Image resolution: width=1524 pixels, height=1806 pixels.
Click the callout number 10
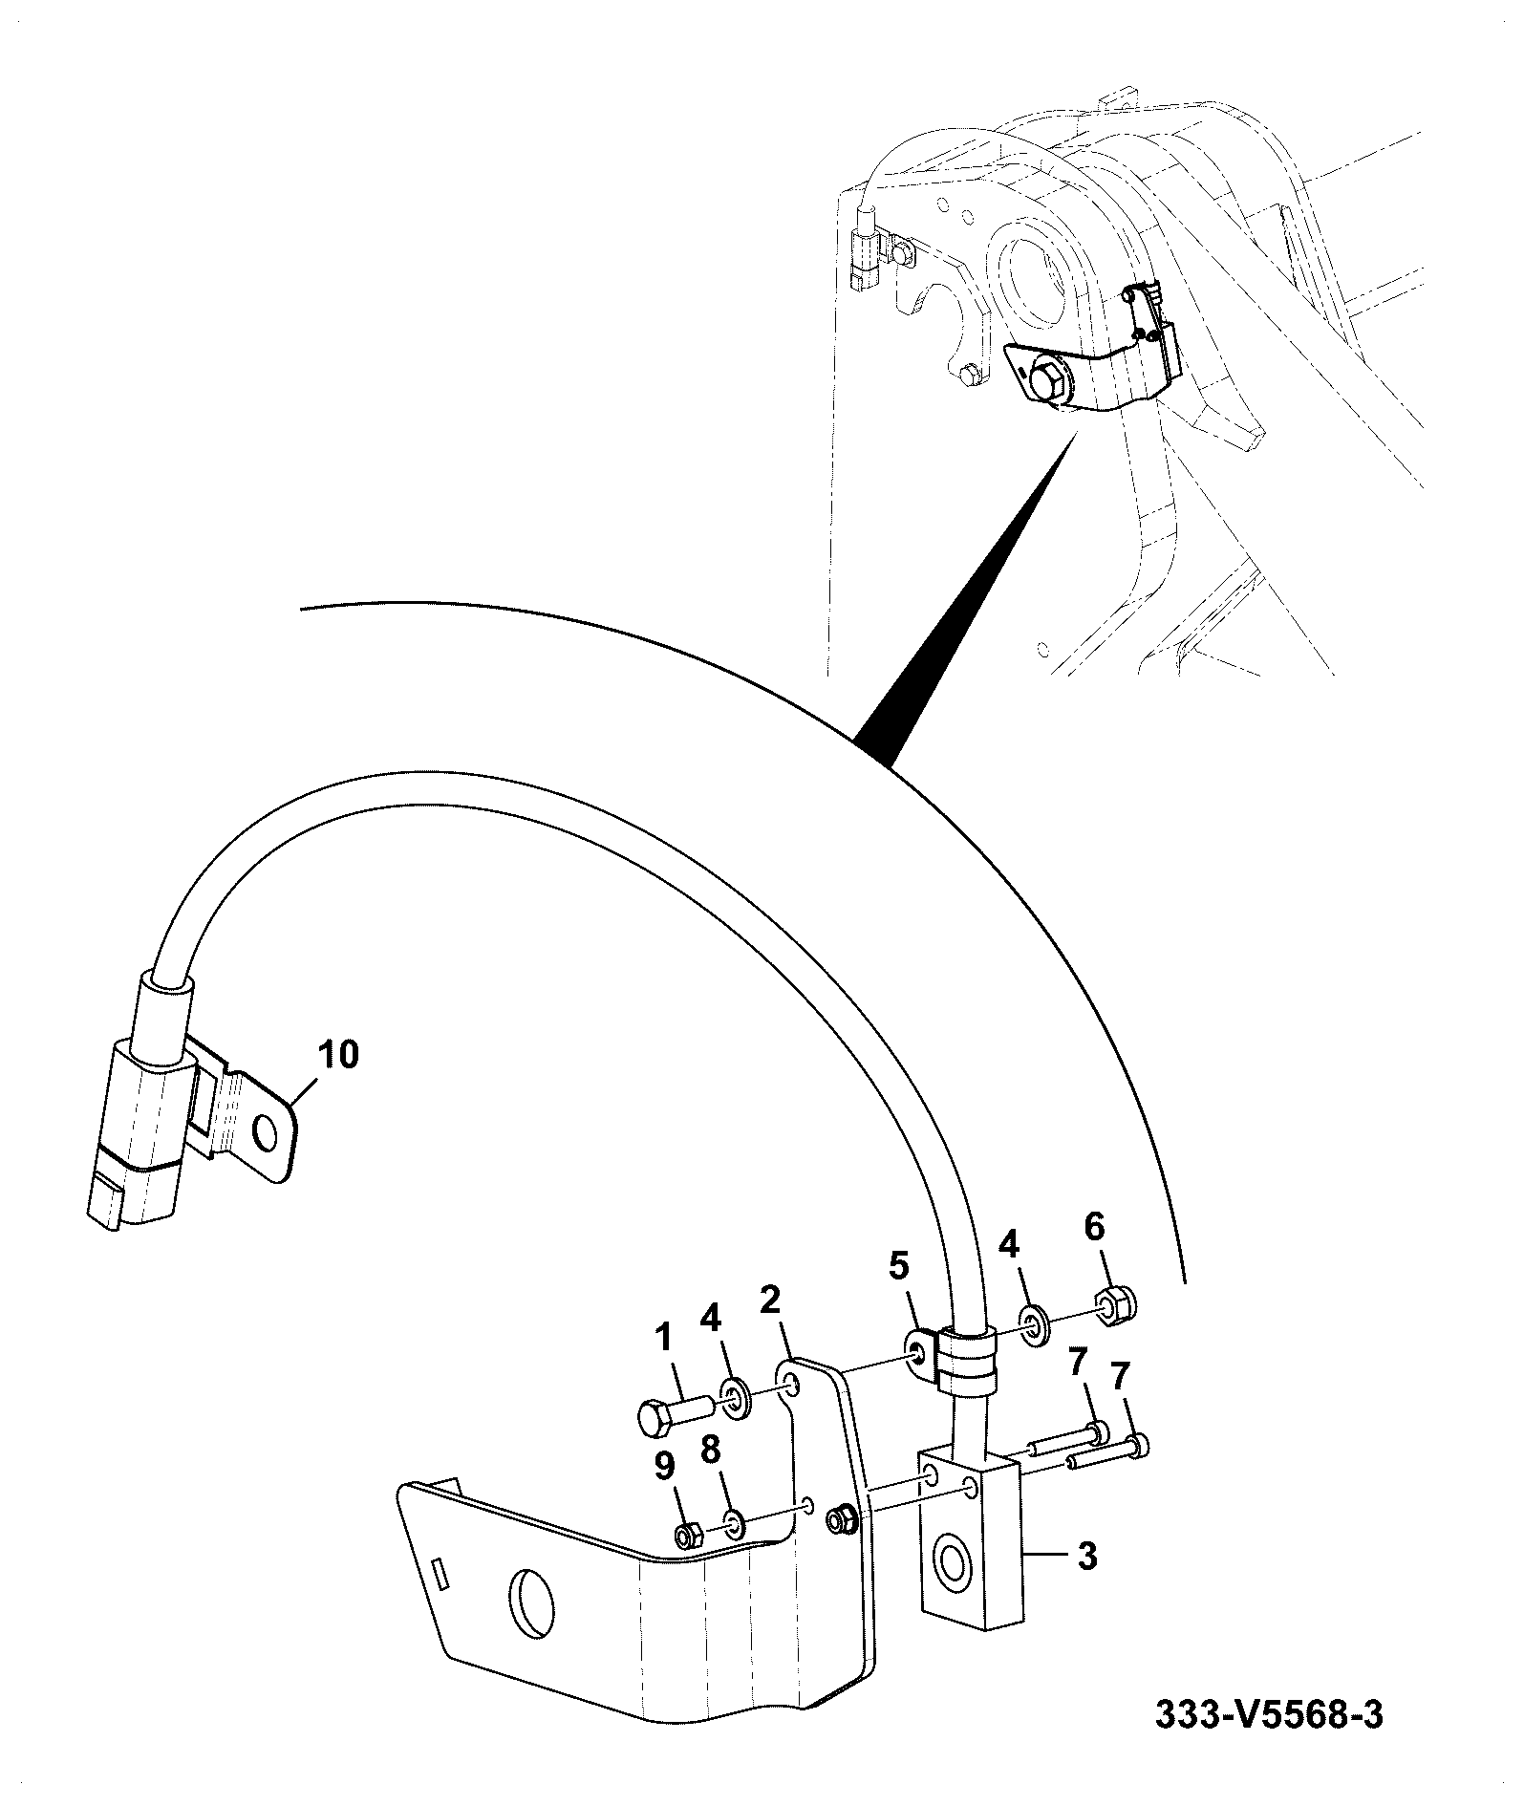pyautogui.click(x=338, y=1055)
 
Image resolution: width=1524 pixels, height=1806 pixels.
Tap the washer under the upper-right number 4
pyautogui.click(x=1035, y=1323)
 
